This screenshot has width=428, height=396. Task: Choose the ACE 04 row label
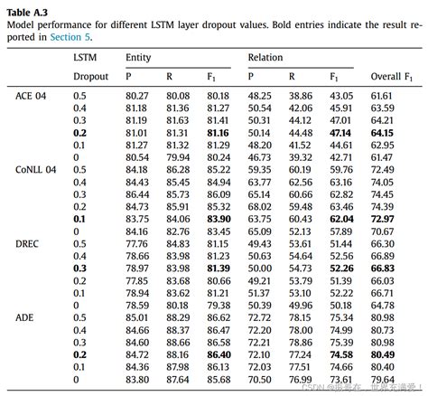tap(33, 95)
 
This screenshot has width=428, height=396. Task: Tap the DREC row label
tap(29, 243)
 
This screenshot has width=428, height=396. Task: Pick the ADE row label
tap(26, 317)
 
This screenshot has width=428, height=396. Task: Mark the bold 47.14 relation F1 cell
tap(340, 132)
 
